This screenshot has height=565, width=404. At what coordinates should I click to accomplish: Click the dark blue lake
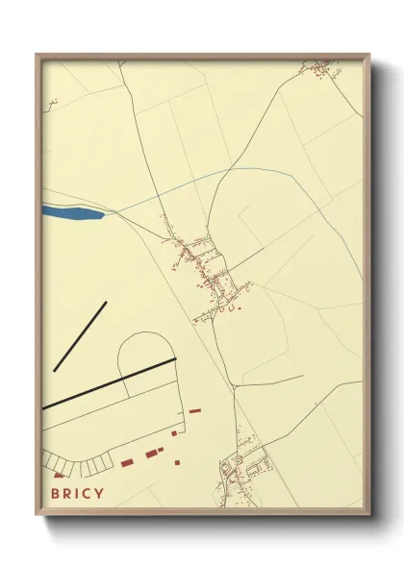point(73,212)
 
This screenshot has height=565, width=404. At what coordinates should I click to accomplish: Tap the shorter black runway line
point(80,336)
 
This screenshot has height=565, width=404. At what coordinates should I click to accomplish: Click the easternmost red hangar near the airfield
point(195,411)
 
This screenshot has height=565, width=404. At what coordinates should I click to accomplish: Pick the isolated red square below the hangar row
point(179,462)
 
